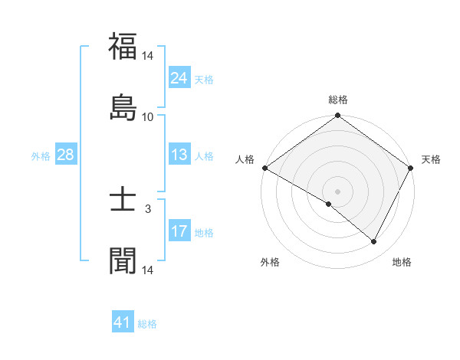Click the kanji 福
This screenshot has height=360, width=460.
(x=123, y=47)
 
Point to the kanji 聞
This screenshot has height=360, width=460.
(x=123, y=260)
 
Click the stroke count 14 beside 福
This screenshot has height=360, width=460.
(x=148, y=56)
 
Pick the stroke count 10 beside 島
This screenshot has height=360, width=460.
(x=148, y=117)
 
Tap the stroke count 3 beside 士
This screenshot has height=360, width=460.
(x=148, y=208)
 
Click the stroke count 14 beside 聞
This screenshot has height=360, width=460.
(x=148, y=270)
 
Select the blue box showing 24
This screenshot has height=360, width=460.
(x=179, y=78)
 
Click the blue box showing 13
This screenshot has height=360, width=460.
(x=179, y=155)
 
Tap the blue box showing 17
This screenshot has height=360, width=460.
(x=179, y=231)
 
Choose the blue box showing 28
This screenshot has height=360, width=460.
(x=66, y=155)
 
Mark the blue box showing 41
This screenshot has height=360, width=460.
(x=123, y=322)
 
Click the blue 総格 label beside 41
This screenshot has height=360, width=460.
(x=147, y=324)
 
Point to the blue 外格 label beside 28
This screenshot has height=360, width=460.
(x=41, y=156)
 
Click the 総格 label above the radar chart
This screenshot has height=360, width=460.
(x=338, y=100)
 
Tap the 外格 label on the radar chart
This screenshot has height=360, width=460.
(x=270, y=263)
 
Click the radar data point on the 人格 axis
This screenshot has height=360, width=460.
(x=264, y=168)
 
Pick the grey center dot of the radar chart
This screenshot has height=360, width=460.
(x=338, y=191)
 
